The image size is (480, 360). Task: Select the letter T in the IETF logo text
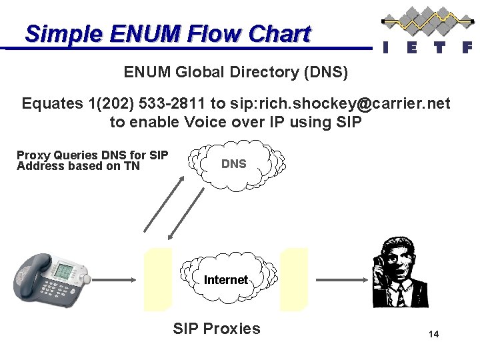438,47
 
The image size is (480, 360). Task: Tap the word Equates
52,103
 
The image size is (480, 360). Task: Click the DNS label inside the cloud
233,163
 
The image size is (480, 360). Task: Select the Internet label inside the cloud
226,279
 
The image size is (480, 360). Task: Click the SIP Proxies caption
217,328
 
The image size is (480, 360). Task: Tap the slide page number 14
433,334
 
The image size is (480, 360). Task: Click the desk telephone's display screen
65,272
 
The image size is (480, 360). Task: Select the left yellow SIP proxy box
159,279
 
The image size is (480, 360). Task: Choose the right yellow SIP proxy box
294,279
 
